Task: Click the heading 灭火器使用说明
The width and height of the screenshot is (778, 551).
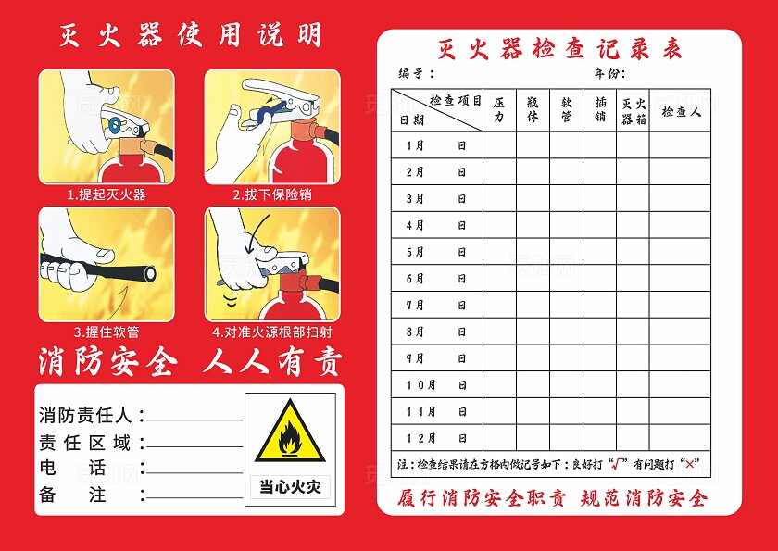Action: coord(191,35)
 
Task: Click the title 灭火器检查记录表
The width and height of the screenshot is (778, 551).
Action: coord(559,50)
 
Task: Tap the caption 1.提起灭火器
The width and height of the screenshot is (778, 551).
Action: coord(107,194)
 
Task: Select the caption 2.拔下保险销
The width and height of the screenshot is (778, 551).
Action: coord(271,194)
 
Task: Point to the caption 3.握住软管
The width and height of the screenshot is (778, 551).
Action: coord(107,332)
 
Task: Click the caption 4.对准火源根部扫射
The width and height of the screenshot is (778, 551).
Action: coord(272,332)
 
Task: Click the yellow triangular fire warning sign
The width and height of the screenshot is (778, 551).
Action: coord(290,432)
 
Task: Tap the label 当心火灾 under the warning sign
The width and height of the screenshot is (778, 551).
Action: coord(290,486)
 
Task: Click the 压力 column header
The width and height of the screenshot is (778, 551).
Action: coord(499,110)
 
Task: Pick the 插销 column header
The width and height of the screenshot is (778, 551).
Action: coord(600,110)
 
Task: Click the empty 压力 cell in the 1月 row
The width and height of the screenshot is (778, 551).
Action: coord(499,145)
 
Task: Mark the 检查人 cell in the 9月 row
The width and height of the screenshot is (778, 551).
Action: coord(681,358)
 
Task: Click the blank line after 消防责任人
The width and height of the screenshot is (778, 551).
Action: coord(194,417)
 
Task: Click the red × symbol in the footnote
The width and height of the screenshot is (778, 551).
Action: coord(687,464)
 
